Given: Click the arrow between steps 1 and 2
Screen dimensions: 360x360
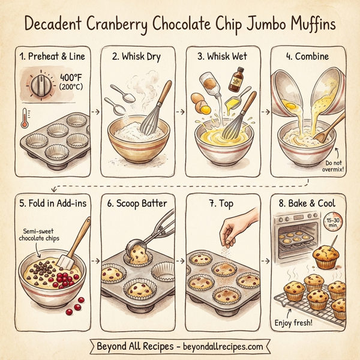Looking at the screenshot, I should pyautogui.click(x=94, y=112).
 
